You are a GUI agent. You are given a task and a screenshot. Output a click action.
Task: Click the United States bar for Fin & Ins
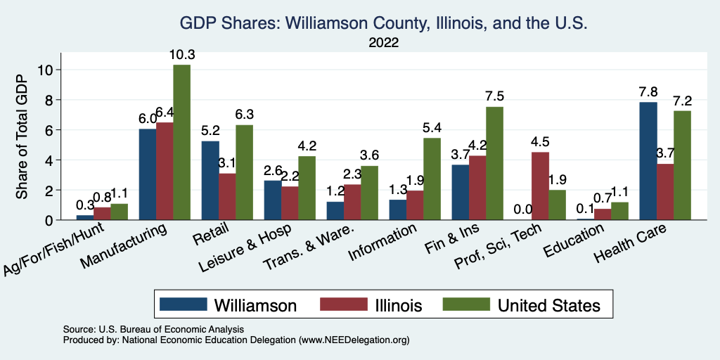(x=495, y=163)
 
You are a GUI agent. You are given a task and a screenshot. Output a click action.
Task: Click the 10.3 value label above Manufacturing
(x=182, y=55)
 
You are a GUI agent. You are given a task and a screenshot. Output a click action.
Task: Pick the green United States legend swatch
(x=466, y=304)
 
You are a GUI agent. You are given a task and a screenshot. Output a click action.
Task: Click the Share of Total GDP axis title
(x=22, y=136)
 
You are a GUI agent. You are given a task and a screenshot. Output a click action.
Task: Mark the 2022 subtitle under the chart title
(x=383, y=43)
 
